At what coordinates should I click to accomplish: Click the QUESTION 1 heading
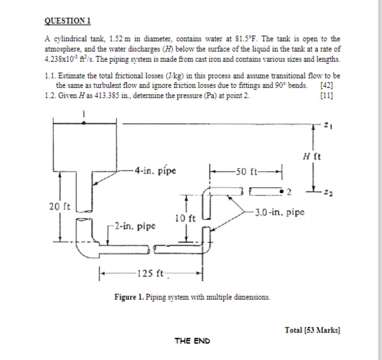(67, 21)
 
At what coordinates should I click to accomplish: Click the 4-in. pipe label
(155, 170)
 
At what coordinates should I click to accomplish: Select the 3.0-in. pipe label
(280, 213)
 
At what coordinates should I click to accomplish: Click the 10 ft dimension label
(185, 218)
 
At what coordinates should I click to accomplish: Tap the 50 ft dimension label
(247, 171)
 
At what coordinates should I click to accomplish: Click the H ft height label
(312, 157)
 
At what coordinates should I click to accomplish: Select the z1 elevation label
(329, 125)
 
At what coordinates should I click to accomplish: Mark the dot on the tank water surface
(84, 123)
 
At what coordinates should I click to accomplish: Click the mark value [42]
(326, 86)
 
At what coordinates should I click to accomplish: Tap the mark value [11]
(326, 96)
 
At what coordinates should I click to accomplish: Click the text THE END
(192, 341)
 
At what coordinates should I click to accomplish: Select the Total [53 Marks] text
(312, 330)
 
